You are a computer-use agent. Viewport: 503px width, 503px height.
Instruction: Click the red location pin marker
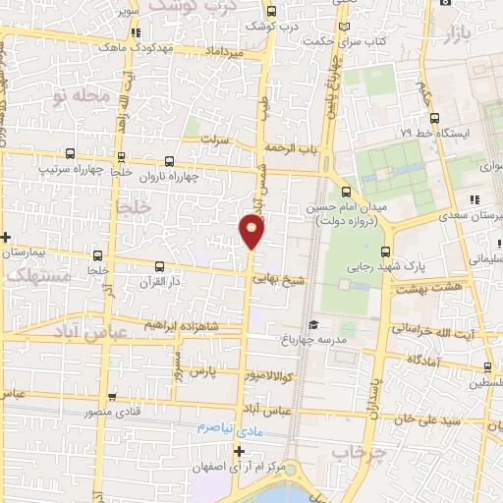tap(251, 231)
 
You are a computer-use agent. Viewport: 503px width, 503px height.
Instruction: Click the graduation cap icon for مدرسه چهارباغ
tap(312, 325)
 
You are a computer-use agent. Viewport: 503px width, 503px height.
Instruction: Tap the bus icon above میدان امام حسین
tap(345, 191)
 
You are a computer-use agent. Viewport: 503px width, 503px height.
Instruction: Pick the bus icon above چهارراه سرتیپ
tap(70, 154)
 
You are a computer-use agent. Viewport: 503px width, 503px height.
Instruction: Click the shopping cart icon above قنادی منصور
tap(113, 398)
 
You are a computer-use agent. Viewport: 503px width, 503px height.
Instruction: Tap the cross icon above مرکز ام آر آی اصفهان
tap(238, 451)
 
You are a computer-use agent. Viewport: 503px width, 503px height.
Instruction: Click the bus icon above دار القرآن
tap(160, 266)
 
